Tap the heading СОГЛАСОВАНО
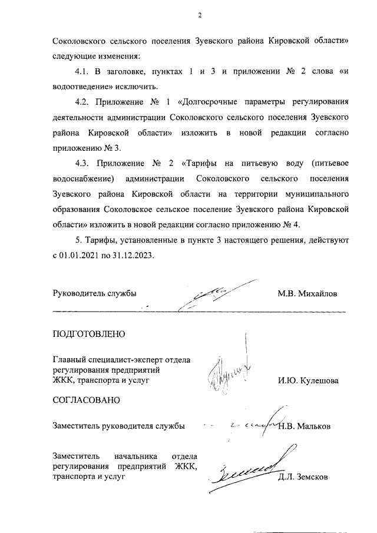click(86, 400)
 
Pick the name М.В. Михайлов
click(308, 293)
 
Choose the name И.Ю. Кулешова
click(308, 380)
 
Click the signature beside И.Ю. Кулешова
click(230, 371)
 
